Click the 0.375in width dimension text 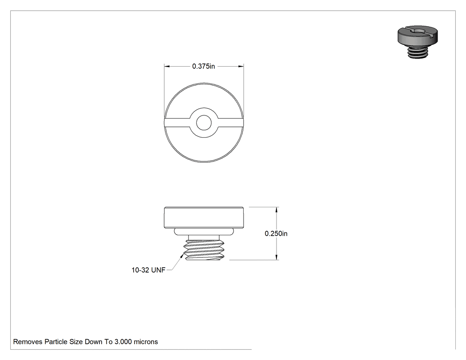tap(203, 66)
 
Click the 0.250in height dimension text tap(276, 233)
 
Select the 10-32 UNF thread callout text tap(148, 270)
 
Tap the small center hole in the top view tap(204, 123)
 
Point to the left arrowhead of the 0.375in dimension tap(167, 66)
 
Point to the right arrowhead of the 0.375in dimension tap(241, 66)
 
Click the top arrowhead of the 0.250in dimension tap(276, 210)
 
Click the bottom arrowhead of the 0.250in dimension tap(276, 257)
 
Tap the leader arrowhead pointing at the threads tap(182, 256)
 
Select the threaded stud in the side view tap(204, 247)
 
